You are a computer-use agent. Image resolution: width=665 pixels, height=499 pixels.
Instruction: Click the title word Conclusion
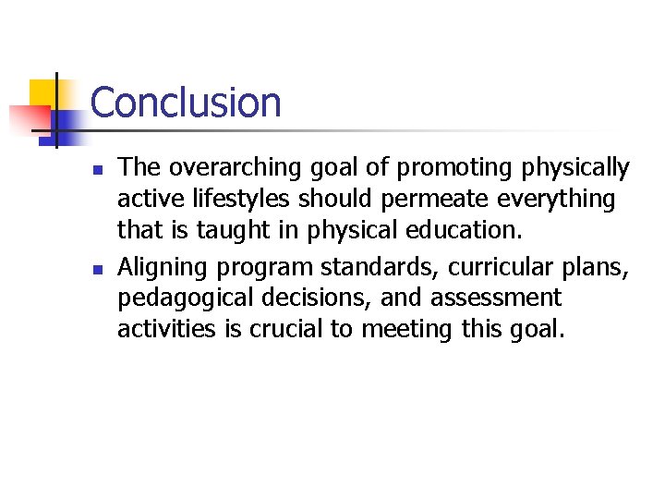[x=186, y=102]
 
